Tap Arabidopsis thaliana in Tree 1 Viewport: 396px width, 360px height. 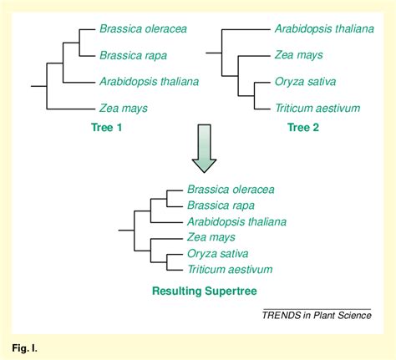coord(149,82)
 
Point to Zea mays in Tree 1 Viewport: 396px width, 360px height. coord(123,109)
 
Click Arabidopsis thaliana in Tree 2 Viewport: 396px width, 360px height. coord(324,28)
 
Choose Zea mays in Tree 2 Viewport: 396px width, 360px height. coord(298,55)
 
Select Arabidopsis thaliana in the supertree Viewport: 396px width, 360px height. coord(237,221)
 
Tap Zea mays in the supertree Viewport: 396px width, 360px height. coord(211,237)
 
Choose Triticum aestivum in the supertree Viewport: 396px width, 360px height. coord(231,269)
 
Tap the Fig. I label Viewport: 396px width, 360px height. coord(23,345)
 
